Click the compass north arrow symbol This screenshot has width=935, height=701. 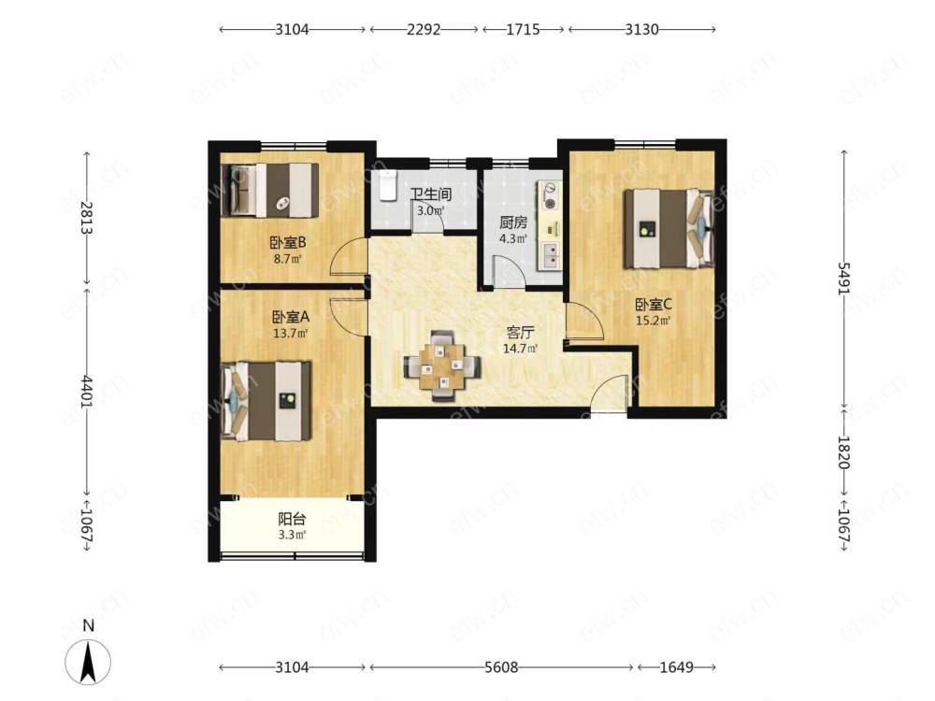tap(88, 661)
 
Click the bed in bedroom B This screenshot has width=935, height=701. tap(269, 190)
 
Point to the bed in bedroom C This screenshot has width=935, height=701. tap(669, 228)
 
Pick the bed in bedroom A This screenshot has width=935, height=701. tap(266, 401)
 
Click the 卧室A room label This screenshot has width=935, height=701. tap(291, 317)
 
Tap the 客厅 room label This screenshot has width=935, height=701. tap(520, 333)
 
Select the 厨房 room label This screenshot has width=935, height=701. tap(512, 223)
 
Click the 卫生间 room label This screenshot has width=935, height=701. tap(430, 194)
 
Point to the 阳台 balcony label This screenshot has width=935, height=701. tap(292, 519)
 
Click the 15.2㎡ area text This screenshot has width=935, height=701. tap(653, 321)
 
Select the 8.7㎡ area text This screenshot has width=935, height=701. tap(287, 259)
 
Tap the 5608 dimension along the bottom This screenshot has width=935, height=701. tap(501, 667)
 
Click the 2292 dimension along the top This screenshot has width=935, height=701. tap(424, 29)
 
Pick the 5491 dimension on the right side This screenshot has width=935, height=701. tap(843, 278)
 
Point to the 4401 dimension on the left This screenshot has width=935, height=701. tap(87, 391)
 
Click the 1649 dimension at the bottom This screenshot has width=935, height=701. tap(676, 667)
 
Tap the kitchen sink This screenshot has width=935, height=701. tap(551, 255)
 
